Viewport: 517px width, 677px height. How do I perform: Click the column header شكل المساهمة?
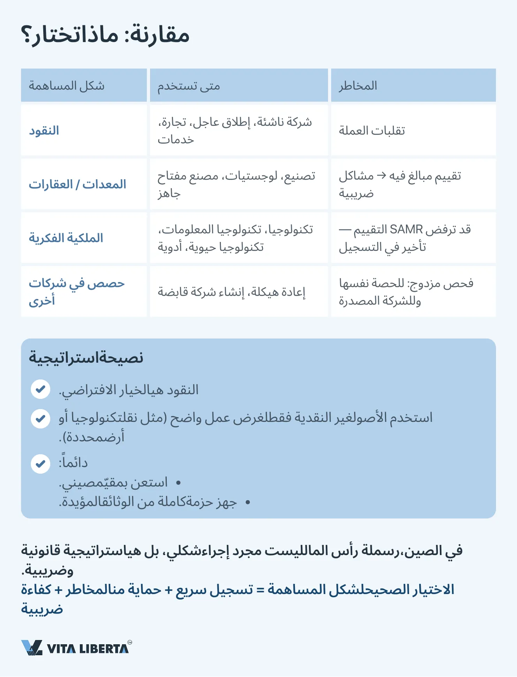point(67,86)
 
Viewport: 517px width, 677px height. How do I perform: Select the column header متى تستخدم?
point(189,86)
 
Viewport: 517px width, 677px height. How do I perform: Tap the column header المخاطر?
point(358,86)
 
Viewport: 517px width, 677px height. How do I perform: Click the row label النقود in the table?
point(44,130)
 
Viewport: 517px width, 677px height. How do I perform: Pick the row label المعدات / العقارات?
point(78,184)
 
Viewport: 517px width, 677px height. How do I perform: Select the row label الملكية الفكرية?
point(66,238)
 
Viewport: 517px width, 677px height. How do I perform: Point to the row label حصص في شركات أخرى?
point(76,291)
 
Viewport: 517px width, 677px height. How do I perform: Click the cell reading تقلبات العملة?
point(372,130)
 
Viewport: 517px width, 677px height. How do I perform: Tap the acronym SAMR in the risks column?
point(406,229)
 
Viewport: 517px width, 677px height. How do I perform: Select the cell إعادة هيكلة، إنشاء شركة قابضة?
point(231,292)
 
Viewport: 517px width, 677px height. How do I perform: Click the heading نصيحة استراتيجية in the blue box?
point(86,358)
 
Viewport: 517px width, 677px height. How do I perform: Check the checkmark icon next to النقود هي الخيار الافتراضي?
point(41,389)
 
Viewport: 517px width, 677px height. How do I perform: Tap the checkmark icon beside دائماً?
point(41,464)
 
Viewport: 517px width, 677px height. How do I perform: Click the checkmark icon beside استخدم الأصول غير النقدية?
point(41,419)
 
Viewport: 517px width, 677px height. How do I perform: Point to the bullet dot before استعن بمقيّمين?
point(178,483)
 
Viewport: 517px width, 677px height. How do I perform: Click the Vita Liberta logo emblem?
point(32,648)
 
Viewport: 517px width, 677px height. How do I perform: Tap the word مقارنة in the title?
point(160,35)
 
